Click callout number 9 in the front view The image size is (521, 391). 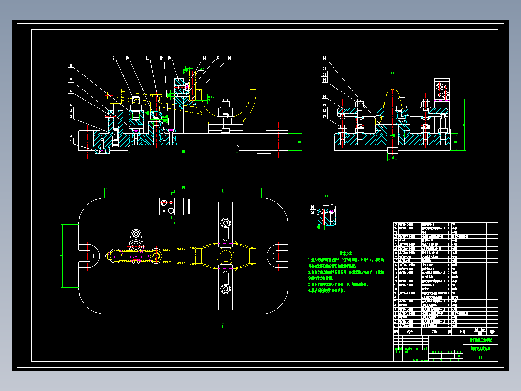click(x=114, y=58)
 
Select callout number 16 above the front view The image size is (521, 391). click(x=229, y=58)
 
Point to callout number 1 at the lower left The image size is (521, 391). click(x=71, y=142)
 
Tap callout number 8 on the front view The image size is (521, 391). click(x=71, y=65)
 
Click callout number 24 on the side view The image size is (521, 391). click(x=324, y=58)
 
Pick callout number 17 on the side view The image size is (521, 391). click(x=324, y=117)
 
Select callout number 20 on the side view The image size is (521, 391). click(x=324, y=96)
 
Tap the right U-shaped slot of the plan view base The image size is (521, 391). click(x=279, y=256)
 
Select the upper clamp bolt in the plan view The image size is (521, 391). click(x=225, y=223)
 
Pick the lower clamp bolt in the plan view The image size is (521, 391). click(x=225, y=289)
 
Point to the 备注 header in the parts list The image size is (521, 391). click(x=492, y=332)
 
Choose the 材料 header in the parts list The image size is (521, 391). click(x=462, y=332)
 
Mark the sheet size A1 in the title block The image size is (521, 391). click(x=480, y=358)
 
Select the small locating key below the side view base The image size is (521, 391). click(x=391, y=154)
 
